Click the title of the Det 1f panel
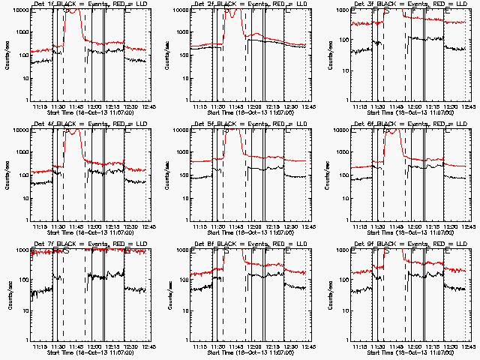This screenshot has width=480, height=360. [x=90, y=4]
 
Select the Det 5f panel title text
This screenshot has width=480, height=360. [x=250, y=124]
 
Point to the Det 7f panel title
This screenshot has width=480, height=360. [x=90, y=244]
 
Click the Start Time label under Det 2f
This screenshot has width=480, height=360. [x=250, y=112]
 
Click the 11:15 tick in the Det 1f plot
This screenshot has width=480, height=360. [x=41, y=106]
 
